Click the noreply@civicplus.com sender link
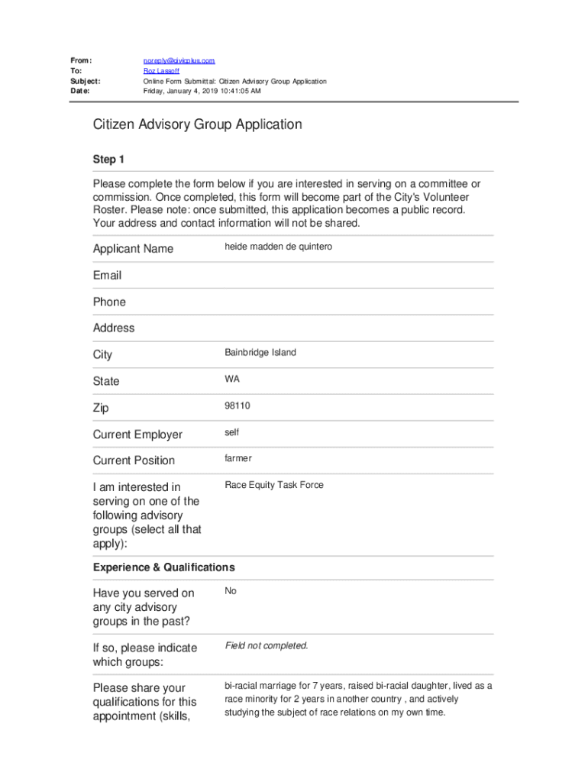click(179, 60)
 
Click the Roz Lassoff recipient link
click(162, 70)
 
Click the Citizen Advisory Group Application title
click(198, 124)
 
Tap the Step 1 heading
click(108, 160)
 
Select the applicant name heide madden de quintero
click(278, 247)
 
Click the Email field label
click(107, 275)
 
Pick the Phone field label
click(109, 302)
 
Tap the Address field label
click(114, 328)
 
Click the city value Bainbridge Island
click(260, 353)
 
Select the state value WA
click(232, 379)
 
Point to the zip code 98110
click(237, 406)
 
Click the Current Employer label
click(137, 435)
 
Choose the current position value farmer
click(238, 458)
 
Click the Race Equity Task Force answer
click(274, 485)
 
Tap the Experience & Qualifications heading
click(164, 567)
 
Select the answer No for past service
click(231, 591)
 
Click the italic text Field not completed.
click(267, 646)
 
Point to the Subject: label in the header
click(86, 81)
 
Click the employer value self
click(232, 432)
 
